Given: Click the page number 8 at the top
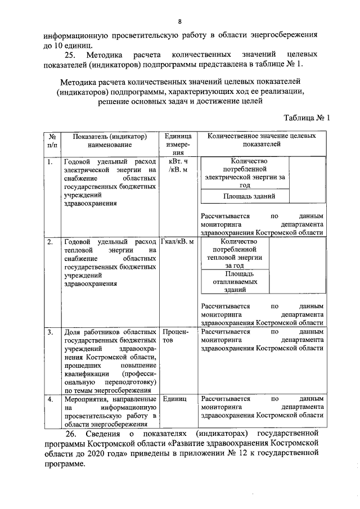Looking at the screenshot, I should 179,22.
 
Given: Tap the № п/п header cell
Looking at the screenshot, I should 52,140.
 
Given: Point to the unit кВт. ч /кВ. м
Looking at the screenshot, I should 178,165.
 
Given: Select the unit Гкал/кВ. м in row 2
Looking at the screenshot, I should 177,242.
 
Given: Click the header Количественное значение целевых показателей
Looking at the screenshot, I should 261,140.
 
